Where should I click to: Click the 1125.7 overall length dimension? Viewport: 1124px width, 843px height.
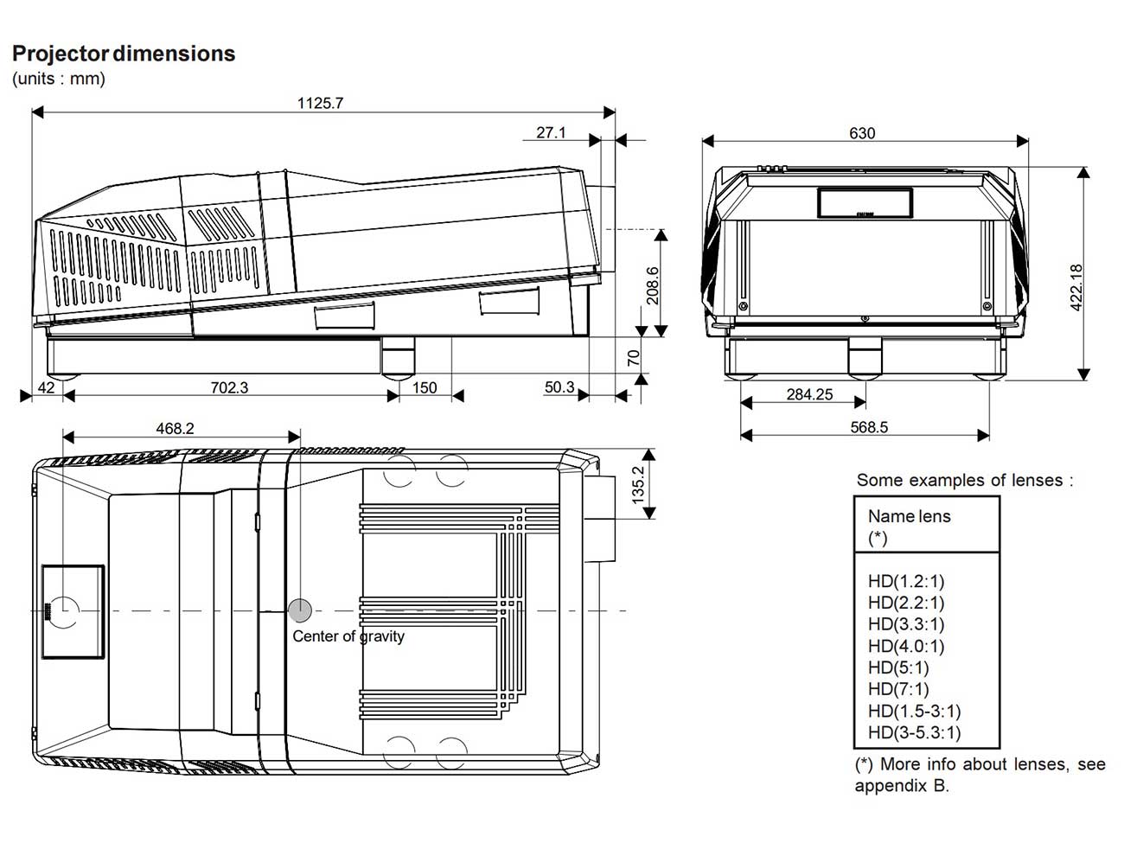pyautogui.click(x=320, y=103)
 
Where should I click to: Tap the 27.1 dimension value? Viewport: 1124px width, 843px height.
pyautogui.click(x=551, y=132)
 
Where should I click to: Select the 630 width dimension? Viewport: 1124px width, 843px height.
pyautogui.click(x=862, y=133)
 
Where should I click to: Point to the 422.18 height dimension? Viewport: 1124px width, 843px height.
pyautogui.click(x=1076, y=287)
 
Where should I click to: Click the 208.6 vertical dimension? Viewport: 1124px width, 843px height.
pyautogui.click(x=653, y=285)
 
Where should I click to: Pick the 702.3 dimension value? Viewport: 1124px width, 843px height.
pyautogui.click(x=229, y=387)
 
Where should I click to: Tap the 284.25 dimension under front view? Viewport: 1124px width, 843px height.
pyautogui.click(x=809, y=394)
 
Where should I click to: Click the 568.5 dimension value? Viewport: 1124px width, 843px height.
pyautogui.click(x=869, y=427)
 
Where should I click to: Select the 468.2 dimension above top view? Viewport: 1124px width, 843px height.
pyautogui.click(x=176, y=428)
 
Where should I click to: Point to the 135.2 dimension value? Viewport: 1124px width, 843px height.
pyautogui.click(x=638, y=485)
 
